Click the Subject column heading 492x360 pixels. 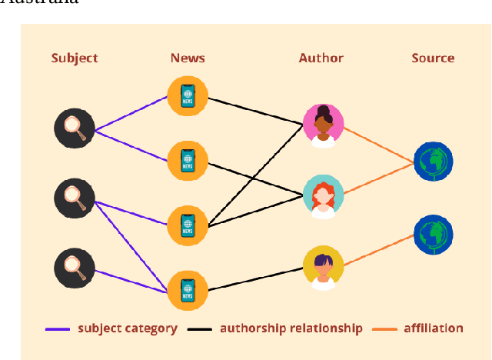tap(75, 58)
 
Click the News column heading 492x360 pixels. tap(188, 58)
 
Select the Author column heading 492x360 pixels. tap(321, 58)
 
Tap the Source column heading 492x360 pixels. tap(433, 58)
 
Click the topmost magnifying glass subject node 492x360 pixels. tap(75, 127)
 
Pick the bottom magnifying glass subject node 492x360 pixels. tap(75, 268)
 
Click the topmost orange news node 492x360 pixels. tap(188, 95)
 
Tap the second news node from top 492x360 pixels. tap(188, 160)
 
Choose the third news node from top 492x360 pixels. tap(188, 225)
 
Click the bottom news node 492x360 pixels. tap(188, 290)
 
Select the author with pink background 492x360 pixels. tap(323, 125)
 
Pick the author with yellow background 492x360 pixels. tap(323, 266)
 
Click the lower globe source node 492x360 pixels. tap(433, 234)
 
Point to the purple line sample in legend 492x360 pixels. tap(58, 328)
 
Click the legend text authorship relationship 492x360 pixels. tap(291, 328)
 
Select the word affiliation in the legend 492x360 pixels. tap(433, 328)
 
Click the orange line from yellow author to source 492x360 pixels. tap(378, 251)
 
